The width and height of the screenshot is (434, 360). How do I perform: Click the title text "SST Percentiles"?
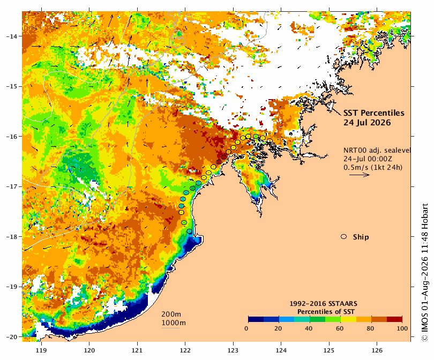[x=373, y=113]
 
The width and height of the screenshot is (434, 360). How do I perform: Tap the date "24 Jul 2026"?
[x=367, y=123]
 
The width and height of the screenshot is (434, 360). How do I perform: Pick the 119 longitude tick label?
[x=41, y=350]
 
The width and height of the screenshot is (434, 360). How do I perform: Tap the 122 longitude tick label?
[x=185, y=350]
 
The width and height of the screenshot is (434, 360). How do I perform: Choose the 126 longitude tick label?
[x=377, y=350]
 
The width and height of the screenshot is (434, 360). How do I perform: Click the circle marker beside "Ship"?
[x=344, y=237]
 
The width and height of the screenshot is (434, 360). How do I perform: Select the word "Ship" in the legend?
[x=361, y=237]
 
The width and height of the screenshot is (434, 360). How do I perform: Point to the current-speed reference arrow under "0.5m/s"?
[x=360, y=175]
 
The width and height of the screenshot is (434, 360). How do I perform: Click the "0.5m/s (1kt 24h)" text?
[x=373, y=167]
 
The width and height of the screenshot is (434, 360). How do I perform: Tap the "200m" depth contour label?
[x=171, y=314]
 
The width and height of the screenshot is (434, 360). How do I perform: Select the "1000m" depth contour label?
[x=174, y=323]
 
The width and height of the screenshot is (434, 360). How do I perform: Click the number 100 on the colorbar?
[x=402, y=328]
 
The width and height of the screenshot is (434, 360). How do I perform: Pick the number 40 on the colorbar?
[x=309, y=328]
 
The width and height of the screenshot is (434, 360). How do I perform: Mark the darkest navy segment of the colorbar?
[x=256, y=319]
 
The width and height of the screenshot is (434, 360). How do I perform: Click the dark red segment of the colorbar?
[x=394, y=319]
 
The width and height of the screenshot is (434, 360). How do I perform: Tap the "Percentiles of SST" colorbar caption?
[x=326, y=312]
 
